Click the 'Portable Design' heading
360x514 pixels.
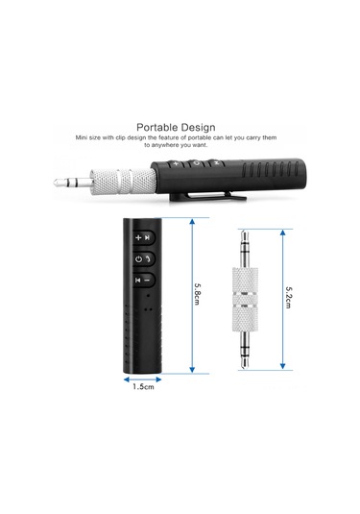[x=176, y=127]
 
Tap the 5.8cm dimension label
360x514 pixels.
[x=197, y=294]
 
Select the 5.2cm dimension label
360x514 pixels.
[x=288, y=297]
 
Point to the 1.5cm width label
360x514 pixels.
[x=143, y=387]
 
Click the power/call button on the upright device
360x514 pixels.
[x=144, y=259]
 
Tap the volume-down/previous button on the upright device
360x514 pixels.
[x=143, y=280]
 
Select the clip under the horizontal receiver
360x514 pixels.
[x=207, y=196]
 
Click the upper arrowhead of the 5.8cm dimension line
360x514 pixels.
[x=192, y=222]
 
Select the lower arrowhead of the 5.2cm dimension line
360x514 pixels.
[x=282, y=366]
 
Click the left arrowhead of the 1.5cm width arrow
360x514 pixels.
[x=127, y=379]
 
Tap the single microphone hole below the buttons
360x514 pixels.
[x=148, y=296]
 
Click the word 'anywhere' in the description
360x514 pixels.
[x=165, y=145]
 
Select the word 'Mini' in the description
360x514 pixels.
[x=82, y=137]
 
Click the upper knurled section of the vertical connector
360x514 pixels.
[x=245, y=280]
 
